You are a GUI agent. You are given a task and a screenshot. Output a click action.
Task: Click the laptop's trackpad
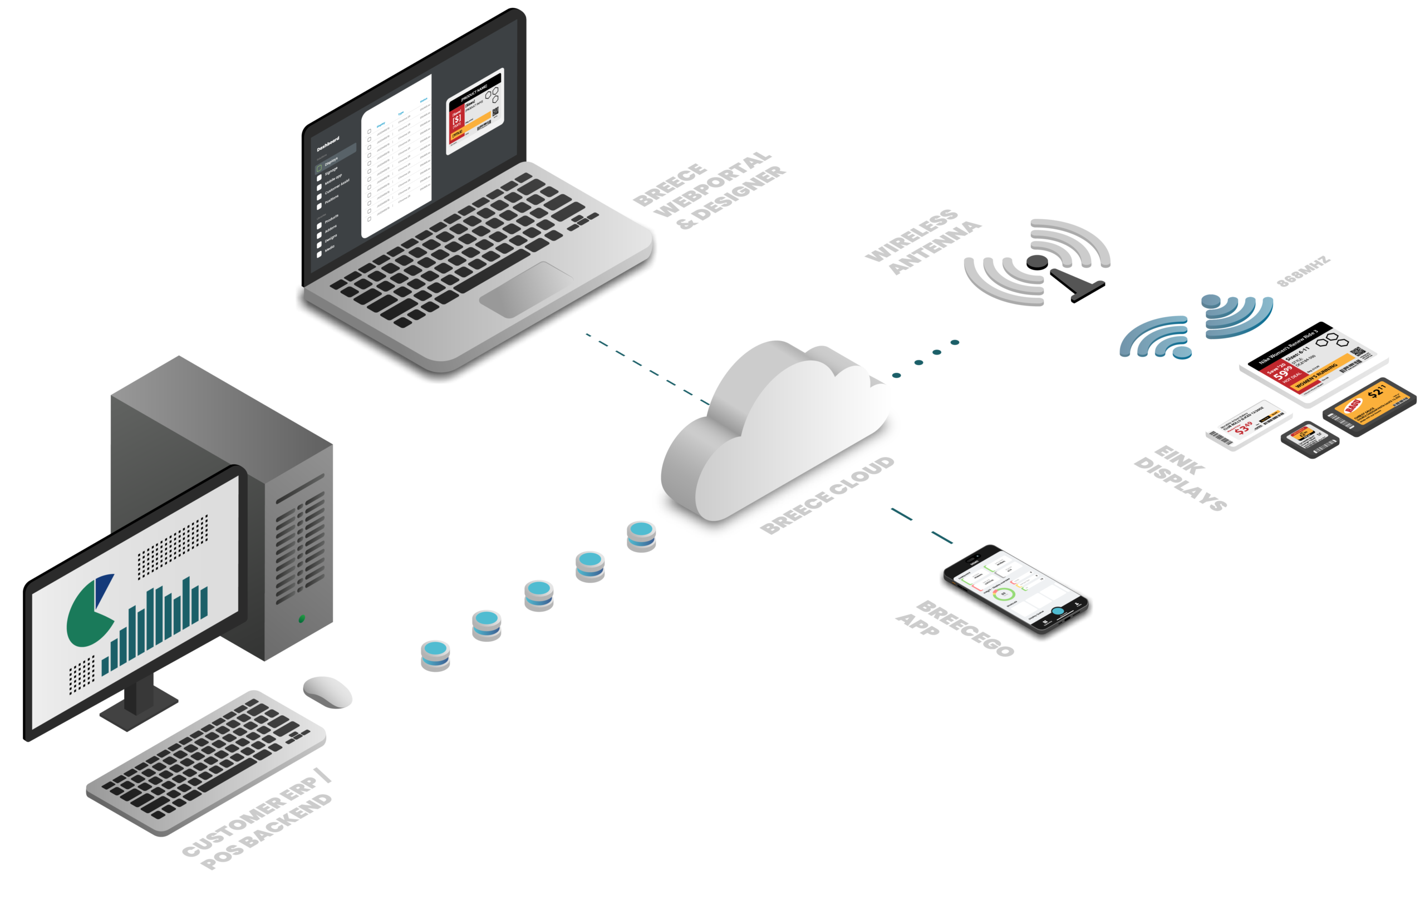click(526, 289)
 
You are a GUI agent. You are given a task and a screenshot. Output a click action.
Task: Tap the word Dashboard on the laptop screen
click(328, 144)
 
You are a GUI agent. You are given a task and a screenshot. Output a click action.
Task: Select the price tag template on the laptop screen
click(475, 111)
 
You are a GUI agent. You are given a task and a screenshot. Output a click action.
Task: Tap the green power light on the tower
click(301, 618)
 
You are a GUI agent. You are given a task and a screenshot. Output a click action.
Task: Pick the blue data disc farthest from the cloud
click(435, 652)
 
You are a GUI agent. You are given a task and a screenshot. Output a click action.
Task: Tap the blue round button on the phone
click(1058, 611)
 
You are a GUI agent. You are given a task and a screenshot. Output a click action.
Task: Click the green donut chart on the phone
click(1004, 593)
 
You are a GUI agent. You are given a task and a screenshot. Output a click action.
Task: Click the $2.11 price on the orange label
click(1376, 393)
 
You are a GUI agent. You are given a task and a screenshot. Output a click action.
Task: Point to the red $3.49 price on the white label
click(1243, 428)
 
